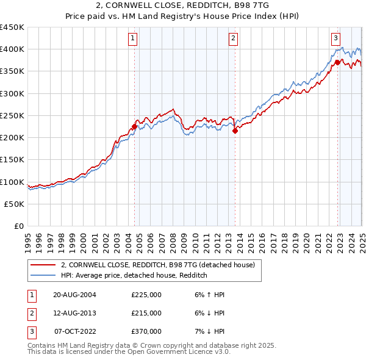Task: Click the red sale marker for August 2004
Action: (x=134, y=127)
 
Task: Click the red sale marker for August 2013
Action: (x=235, y=131)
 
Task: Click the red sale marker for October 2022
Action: (x=337, y=62)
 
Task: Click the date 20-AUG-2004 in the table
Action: (x=74, y=295)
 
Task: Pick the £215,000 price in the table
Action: (x=146, y=313)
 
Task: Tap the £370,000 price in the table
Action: (x=146, y=331)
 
